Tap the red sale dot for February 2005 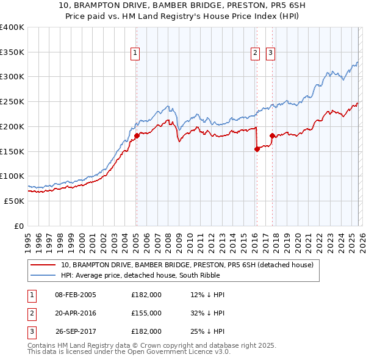(137, 135)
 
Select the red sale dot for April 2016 (257, 148)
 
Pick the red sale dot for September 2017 (272, 135)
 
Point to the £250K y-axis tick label (12, 102)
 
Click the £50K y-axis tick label (14, 201)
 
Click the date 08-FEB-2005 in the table (75, 295)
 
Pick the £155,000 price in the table (146, 313)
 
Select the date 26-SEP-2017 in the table (75, 331)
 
